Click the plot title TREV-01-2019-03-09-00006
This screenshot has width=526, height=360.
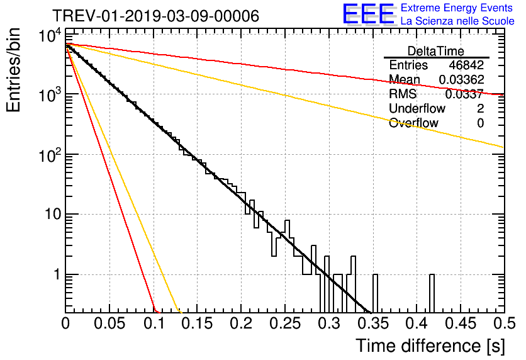pos(155,16)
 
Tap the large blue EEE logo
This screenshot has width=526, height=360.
pos(368,15)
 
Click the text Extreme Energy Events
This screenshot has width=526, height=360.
pos(457,8)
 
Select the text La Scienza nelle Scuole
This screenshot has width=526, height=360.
pos(457,21)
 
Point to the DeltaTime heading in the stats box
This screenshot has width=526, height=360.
pos(436,51)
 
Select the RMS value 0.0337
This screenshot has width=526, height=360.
pos(464,94)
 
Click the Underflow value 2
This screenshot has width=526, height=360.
pos(480,109)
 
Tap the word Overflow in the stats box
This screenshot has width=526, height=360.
pos(413,123)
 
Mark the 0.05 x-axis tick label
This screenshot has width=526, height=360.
pos(109,323)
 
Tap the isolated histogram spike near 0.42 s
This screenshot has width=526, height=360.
pos(432,293)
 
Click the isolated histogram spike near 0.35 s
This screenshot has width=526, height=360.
pos(375,293)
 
